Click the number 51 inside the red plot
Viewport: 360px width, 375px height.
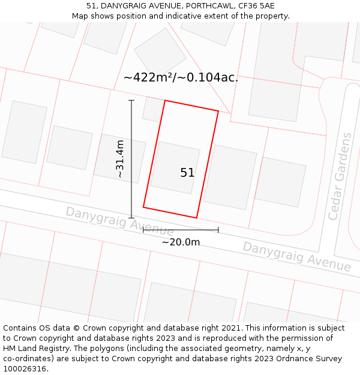(x=187, y=173)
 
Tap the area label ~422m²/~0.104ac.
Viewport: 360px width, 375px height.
(x=181, y=77)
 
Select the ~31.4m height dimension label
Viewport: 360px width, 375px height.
(x=120, y=159)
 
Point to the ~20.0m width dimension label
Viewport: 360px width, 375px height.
(x=181, y=242)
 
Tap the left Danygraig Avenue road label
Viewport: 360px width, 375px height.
(x=119, y=221)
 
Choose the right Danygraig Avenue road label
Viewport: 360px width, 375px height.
(x=296, y=256)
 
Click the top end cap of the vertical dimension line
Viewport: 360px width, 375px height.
(x=131, y=100)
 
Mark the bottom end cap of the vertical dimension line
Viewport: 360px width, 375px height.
(x=131, y=218)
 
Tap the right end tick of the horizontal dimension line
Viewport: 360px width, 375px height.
(x=218, y=230)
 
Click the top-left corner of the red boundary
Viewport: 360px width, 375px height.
(x=165, y=100)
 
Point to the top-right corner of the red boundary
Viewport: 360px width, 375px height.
(x=218, y=111)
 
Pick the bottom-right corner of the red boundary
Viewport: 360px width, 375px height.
(x=197, y=218)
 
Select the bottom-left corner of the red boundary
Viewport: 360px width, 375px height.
(x=143, y=208)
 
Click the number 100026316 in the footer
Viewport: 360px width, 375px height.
(x=25, y=369)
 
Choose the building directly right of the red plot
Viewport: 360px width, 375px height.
(x=230, y=177)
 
